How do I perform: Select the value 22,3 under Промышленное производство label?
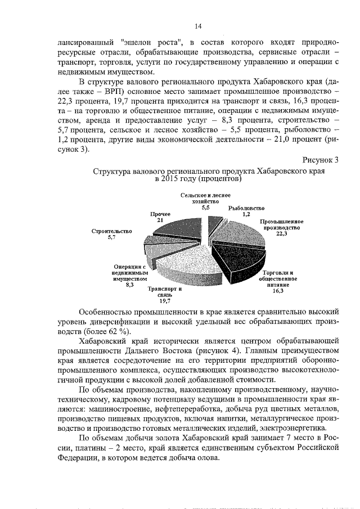point(281,234)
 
